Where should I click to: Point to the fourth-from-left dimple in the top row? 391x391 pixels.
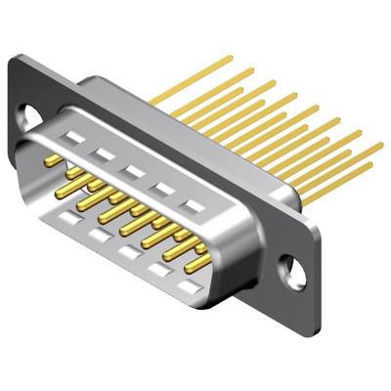(x=163, y=189)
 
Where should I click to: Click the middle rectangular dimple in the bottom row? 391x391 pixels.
(x=128, y=251)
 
